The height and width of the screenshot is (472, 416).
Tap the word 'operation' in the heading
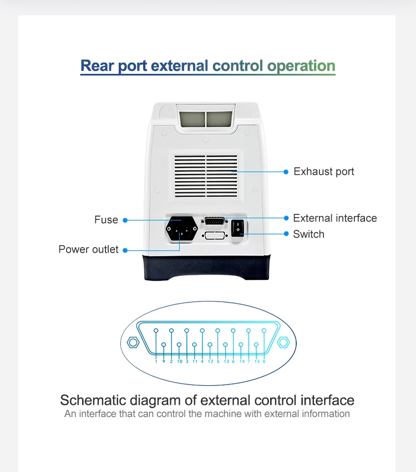coord(301,66)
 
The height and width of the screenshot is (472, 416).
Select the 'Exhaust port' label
coord(323,172)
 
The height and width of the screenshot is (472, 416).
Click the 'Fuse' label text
coord(106,220)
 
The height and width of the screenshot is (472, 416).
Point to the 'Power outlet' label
coord(88,249)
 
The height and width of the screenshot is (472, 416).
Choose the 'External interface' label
coord(334,218)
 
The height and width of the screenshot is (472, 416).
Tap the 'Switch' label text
coord(308,234)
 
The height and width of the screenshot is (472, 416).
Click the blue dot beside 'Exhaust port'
coord(286,172)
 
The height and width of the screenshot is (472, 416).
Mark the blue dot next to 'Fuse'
coord(125,220)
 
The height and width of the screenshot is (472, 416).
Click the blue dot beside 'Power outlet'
coord(125,250)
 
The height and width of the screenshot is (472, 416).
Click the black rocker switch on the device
coord(239,227)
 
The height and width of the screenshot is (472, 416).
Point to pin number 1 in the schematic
coord(156,331)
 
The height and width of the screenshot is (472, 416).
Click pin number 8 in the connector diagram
coord(264,331)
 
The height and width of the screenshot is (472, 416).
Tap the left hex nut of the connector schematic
coord(133,342)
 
